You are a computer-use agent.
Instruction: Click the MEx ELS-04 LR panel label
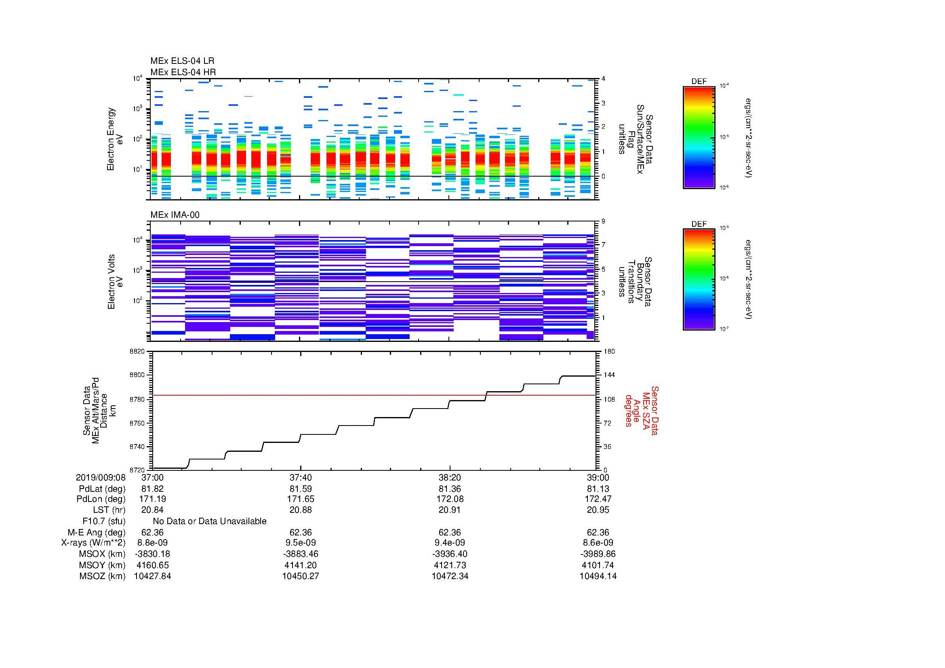tap(182, 61)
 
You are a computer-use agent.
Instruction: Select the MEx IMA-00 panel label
tap(175, 215)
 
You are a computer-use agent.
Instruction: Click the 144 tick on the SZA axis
tap(609, 375)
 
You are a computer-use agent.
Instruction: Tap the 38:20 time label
tap(449, 477)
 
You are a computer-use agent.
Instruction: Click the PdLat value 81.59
tap(301, 489)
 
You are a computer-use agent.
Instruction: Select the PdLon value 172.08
tap(449, 499)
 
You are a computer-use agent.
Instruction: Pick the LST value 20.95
tap(598, 510)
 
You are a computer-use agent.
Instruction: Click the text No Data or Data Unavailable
tap(210, 521)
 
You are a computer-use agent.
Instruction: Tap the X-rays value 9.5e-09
tap(301, 543)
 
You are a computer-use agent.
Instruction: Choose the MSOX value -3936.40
tap(449, 554)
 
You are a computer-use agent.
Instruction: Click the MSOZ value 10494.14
tap(598, 576)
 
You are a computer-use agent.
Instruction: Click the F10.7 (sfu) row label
tap(104, 521)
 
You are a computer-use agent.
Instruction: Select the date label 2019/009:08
tap(101, 477)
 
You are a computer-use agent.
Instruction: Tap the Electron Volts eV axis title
tap(115, 282)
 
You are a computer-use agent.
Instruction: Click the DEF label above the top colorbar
tap(699, 82)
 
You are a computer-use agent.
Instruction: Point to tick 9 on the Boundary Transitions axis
tap(603, 221)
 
